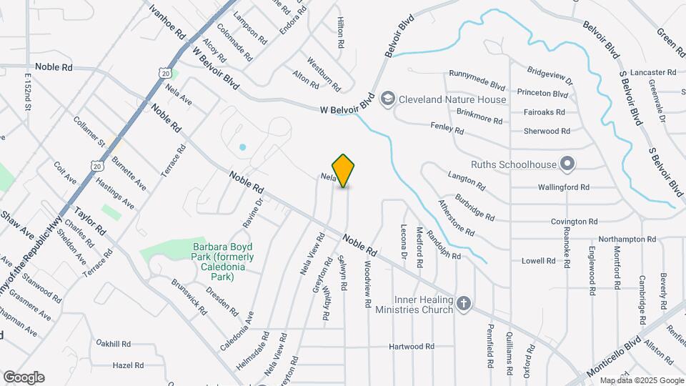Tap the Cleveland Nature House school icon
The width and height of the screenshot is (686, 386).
tap(388, 99)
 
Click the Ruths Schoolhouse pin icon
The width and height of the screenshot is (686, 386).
tap(567, 164)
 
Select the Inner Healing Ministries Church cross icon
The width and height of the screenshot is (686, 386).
tap(464, 305)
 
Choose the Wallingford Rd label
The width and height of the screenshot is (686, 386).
tap(565, 187)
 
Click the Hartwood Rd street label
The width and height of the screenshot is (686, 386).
tap(412, 347)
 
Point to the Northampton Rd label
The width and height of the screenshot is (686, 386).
tap(627, 239)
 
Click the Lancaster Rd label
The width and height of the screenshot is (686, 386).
tap(652, 73)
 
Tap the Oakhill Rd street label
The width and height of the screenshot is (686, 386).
tap(114, 344)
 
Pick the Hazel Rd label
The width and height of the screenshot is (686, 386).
tap(129, 365)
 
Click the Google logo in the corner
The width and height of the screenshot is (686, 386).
tap(24, 377)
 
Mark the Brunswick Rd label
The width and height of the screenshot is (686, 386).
tap(188, 297)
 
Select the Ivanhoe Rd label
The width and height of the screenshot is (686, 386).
tap(167, 20)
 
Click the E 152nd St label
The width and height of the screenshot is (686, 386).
tap(29, 91)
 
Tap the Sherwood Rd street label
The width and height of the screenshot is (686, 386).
tap(547, 132)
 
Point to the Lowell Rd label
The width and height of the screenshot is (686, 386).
tap(539, 261)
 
